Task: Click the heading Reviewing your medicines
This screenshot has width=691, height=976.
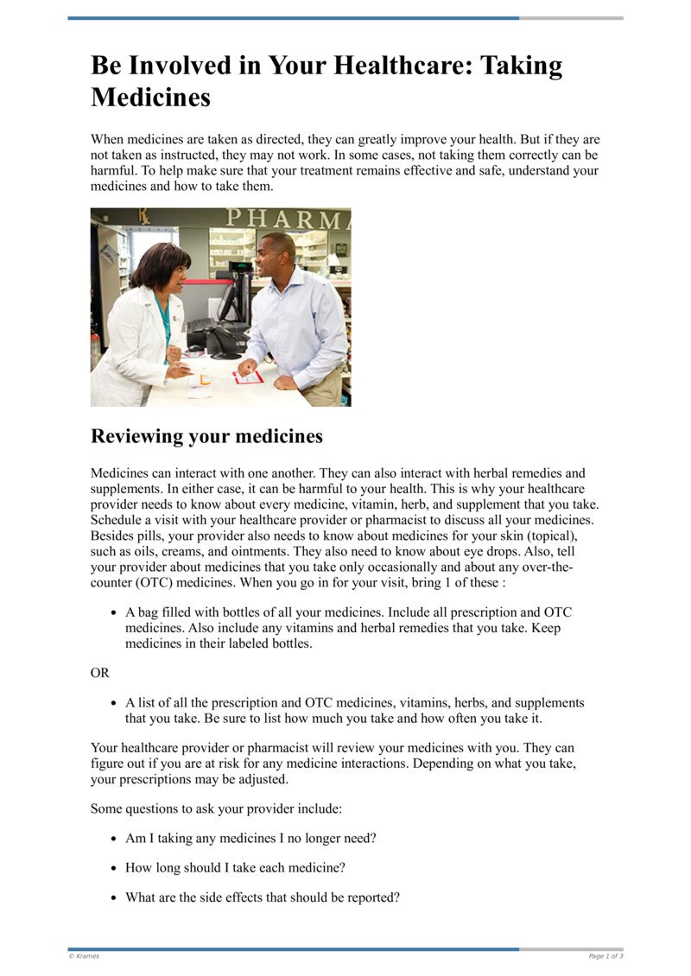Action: point(206,436)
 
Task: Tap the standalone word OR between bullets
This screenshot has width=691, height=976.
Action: point(100,672)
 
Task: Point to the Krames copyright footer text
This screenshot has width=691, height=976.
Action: point(84,956)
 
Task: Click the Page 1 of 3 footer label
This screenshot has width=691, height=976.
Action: point(605,956)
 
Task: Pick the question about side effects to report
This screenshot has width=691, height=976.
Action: point(263,897)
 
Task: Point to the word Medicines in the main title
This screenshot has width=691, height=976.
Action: point(150,97)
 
